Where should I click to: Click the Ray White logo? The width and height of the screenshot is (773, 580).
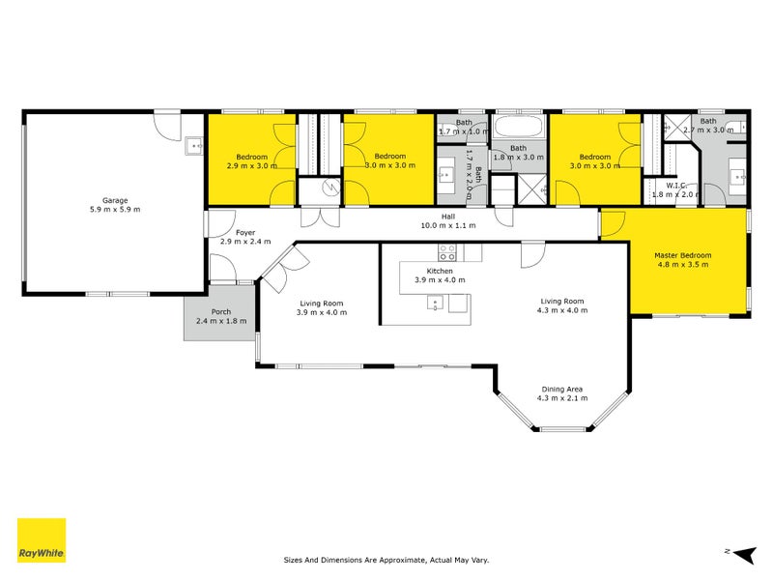pos(42,539)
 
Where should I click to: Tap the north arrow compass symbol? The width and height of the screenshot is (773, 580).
pos(744,555)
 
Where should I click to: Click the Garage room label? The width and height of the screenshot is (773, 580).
pos(115,200)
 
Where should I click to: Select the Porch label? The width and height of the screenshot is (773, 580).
pos(221,311)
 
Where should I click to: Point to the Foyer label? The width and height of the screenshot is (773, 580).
pos(245,232)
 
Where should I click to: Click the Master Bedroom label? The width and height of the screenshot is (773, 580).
pos(683,255)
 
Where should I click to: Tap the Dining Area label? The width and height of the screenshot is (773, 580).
pos(562,390)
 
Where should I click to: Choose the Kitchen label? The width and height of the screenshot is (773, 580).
pos(440,271)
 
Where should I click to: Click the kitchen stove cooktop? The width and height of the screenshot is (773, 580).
pos(447,252)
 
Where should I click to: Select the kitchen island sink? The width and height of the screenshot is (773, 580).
pos(435,303)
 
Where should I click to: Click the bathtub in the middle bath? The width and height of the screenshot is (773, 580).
pos(518,127)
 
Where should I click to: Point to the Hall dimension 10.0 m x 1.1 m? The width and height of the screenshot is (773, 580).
pos(448,225)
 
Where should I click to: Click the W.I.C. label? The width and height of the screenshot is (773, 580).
pos(676,186)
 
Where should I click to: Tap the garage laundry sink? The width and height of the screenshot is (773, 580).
pos(194,146)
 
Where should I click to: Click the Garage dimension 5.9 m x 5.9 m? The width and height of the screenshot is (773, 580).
pos(115,209)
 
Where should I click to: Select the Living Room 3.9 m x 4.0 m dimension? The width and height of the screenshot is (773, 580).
pos(322,312)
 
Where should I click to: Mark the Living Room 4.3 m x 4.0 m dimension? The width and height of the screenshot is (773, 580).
pos(562,310)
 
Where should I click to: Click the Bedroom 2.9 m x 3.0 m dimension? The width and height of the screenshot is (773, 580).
pos(252,165)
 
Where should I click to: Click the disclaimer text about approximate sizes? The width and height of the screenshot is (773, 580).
pos(386,560)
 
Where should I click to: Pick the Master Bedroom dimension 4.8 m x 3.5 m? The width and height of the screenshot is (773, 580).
pos(683,264)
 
